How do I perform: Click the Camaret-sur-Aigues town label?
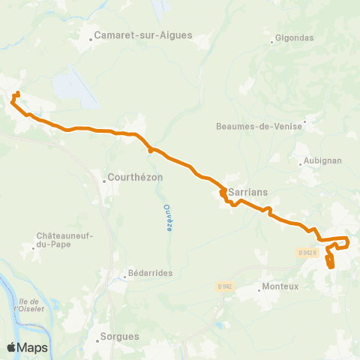click(x=143, y=34)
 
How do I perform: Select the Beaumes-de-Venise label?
click(x=259, y=126)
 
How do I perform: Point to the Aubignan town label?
click(x=318, y=161)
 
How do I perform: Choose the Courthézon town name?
click(x=136, y=178)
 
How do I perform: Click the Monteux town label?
click(x=280, y=286)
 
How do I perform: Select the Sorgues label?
click(x=123, y=337)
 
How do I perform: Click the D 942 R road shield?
click(x=307, y=252)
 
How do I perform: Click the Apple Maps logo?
click(x=27, y=347)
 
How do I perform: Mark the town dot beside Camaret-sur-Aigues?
click(x=90, y=35)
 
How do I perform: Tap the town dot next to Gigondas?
click(x=272, y=41)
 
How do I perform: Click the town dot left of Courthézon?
click(x=104, y=181)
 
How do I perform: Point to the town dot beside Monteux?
click(x=257, y=286)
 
